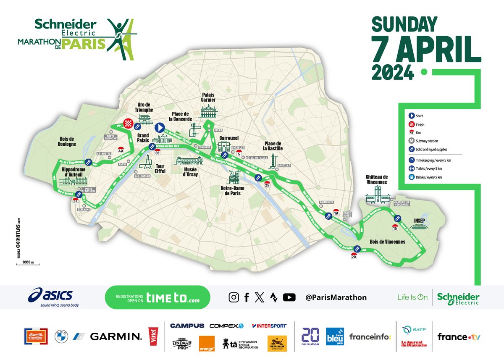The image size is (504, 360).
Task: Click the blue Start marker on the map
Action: pos(159,127)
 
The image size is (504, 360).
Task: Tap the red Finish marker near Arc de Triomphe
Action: pos(128,123)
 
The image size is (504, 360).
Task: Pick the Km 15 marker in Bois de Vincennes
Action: pos(395,227)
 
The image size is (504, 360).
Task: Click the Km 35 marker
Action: pos(76,201)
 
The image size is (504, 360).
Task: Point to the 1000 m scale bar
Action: pos(28,263)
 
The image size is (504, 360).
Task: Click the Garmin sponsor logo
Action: pos(116,336)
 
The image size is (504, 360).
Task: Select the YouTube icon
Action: pos(289,297)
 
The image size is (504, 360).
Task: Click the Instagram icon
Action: pos(234,297)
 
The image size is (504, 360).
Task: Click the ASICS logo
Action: pos(53,295)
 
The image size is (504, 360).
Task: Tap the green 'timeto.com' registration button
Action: pos(157,297)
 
